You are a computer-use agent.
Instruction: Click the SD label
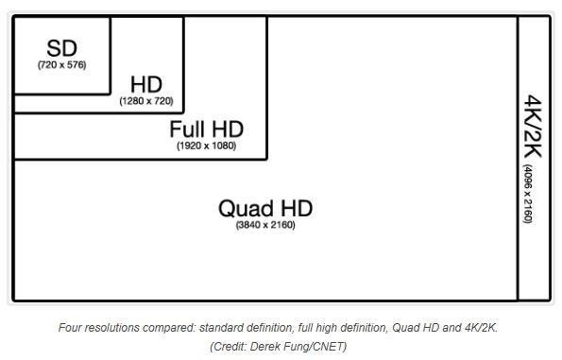click(62, 48)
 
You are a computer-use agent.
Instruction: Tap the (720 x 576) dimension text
click(62, 65)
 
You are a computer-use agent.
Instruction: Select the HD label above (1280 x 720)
click(145, 85)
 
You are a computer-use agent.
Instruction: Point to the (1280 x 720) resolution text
click(145, 101)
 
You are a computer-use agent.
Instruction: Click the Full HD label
click(206, 129)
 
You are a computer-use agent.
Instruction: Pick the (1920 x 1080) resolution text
click(206, 146)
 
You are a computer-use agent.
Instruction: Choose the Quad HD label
click(264, 208)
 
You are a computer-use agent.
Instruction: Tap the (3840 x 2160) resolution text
click(264, 225)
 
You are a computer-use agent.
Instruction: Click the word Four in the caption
click(71, 328)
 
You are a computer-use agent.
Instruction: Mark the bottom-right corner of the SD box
click(111, 94)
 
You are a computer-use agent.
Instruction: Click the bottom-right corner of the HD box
click(183, 112)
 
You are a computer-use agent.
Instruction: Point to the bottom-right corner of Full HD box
click(267, 158)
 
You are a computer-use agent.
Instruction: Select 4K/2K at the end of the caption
click(479, 328)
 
